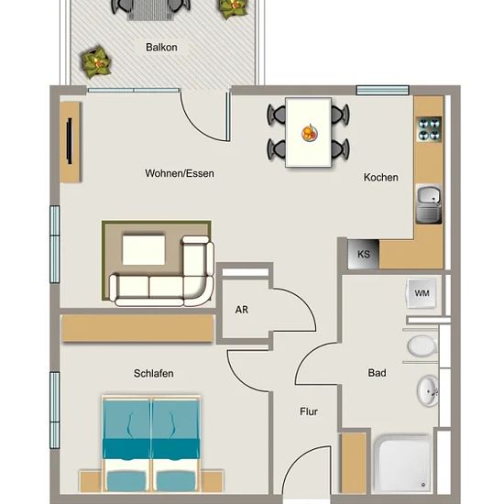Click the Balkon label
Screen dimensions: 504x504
[161, 48]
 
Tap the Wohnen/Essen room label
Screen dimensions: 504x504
[180, 173]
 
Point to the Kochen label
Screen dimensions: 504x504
[381, 178]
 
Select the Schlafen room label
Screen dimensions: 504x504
[154, 374]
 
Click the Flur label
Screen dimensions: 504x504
[309, 411]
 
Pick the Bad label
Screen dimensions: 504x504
[377, 373]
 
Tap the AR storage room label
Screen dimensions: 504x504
[242, 310]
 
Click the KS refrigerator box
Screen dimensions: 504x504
[364, 254]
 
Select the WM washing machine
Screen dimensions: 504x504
[422, 293]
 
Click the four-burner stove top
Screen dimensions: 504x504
[429, 129]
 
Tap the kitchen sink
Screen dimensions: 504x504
[429, 203]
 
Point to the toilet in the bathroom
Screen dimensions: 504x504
[422, 346]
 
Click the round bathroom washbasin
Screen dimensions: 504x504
[428, 391]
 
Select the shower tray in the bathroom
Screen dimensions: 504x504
[403, 464]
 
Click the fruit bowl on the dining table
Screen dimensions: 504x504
[310, 133]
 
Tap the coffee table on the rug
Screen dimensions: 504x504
[144, 250]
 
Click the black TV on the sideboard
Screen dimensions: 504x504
[70, 141]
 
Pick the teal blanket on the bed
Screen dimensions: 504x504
[151, 449]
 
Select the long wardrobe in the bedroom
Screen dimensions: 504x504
[137, 328]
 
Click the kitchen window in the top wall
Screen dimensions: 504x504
[382, 90]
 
